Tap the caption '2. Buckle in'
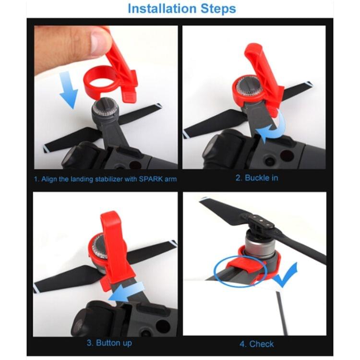coord(256,178)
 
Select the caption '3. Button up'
coord(109,343)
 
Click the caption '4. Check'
coord(257,344)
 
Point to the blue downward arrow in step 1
coord(68,90)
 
